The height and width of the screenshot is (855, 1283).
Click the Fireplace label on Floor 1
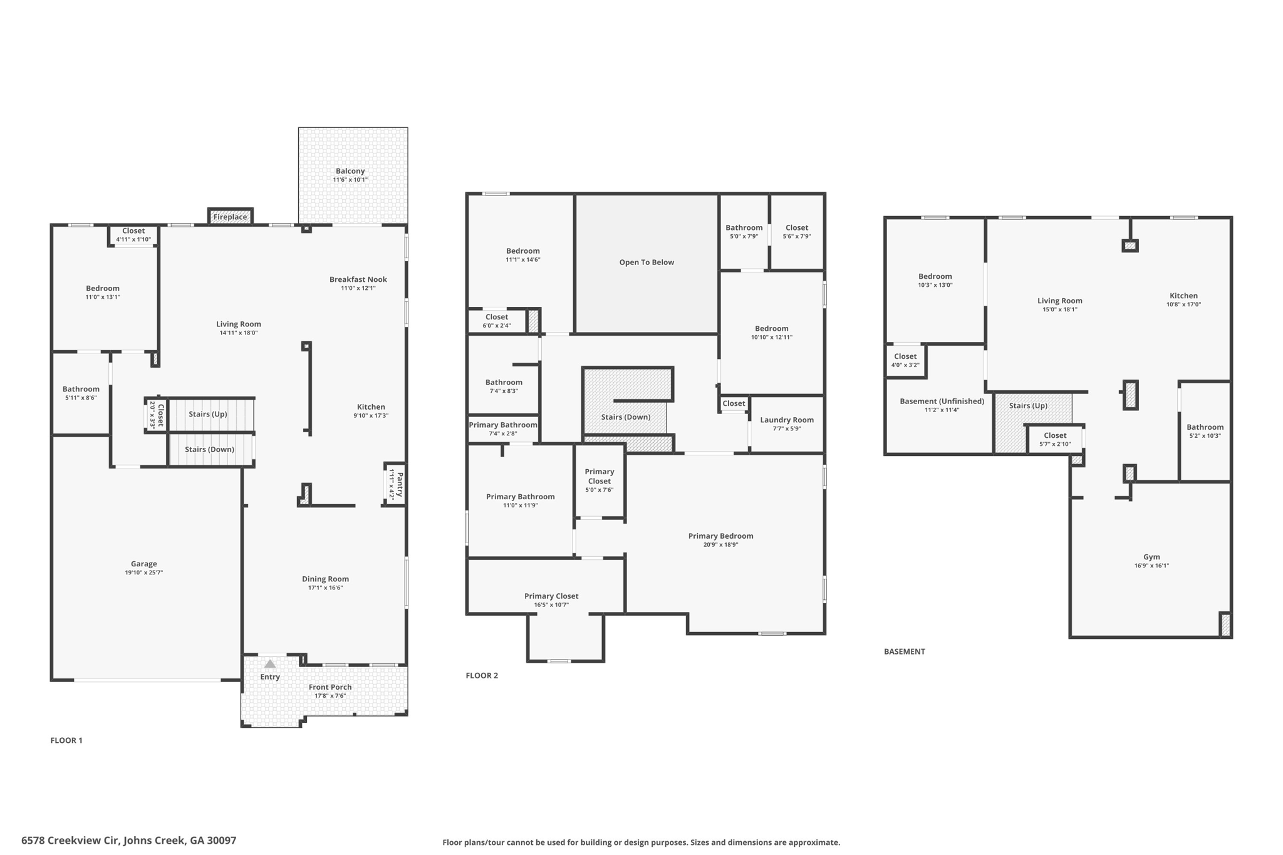230,217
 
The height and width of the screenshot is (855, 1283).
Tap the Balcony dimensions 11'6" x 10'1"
350,180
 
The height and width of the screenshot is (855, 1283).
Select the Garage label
144,564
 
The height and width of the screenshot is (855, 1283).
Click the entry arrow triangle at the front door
270,663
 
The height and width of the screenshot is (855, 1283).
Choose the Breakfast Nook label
358,279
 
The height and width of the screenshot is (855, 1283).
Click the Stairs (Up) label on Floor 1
208,414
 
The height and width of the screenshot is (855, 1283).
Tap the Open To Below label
647,262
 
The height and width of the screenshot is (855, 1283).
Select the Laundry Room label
787,420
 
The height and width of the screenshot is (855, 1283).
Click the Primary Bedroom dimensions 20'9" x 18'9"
721,545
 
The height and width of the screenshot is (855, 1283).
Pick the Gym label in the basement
1151,557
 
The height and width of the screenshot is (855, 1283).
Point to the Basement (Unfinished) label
942,402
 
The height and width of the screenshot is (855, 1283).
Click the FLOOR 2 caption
482,675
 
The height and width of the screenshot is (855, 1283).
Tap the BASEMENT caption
904,651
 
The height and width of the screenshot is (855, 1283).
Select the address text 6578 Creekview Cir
70,841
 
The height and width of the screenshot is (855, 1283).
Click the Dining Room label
325,579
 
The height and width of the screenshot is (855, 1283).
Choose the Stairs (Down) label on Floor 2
626,417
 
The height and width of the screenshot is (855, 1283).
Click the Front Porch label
330,687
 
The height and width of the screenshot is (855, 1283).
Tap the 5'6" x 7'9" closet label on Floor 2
797,237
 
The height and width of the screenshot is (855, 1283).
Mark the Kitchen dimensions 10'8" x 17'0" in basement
1183,305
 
